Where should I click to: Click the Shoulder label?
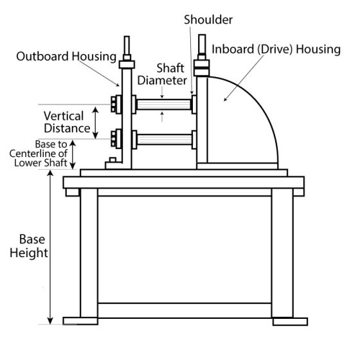coord(208,20)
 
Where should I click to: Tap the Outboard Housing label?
coord(66,57)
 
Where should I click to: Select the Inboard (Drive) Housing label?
coord(276,50)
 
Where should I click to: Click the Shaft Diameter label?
coord(162,75)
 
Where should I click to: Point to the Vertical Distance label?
coord(67,122)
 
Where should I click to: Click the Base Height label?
coord(29,246)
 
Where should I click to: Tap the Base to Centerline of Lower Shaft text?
coord(39,154)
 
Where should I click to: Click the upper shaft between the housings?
coord(164,104)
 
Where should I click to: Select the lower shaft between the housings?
coord(165,139)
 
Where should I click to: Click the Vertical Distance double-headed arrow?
coord(96,123)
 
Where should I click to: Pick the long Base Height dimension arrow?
coord(50,247)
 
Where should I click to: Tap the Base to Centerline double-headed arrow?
coord(73,155)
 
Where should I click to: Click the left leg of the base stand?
coord(89,253)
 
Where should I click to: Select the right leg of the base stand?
coord(282,253)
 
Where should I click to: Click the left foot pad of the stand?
coord(80,321)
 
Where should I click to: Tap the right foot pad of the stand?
coord(290,321)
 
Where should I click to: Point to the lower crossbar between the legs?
coord(185,310)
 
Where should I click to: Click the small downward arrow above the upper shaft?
coord(162,93)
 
